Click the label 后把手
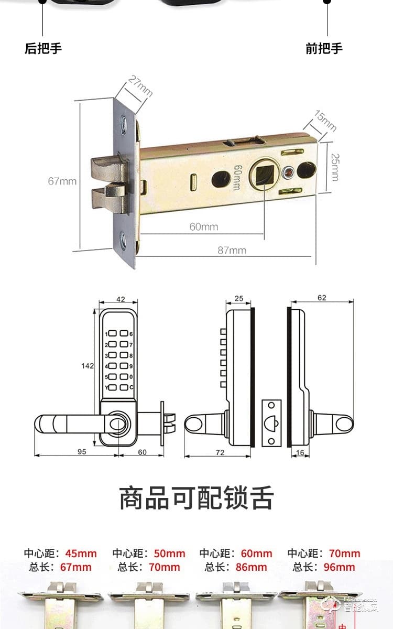point(43,49)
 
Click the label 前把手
point(324,49)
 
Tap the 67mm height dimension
point(62,181)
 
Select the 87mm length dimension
point(232,250)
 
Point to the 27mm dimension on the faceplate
point(140,87)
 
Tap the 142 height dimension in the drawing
point(89,365)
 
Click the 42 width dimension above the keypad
point(121,299)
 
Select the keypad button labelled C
point(124,388)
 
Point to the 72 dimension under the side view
point(220,451)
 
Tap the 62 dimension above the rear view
point(321,298)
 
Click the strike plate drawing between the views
point(271,423)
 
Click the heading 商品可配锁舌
point(196,498)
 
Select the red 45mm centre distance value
point(81,554)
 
